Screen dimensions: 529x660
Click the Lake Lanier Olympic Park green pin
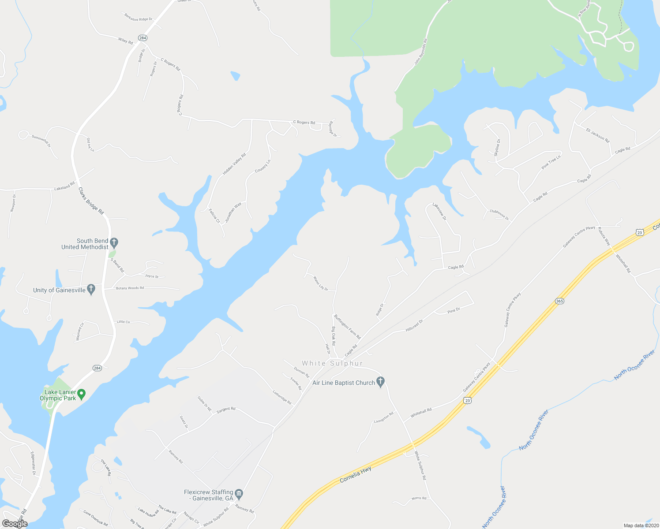click(81, 393)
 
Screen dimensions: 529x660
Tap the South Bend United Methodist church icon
click(114, 242)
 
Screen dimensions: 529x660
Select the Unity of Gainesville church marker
click(91, 289)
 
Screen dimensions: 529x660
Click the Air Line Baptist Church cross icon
click(381, 382)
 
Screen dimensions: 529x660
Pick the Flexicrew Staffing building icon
click(239, 493)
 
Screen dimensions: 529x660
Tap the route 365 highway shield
click(559, 301)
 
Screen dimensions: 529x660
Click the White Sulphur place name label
click(332, 363)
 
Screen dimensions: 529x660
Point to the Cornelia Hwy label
click(356, 475)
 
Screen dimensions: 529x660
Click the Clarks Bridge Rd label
click(91, 201)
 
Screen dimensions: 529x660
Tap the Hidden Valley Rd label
click(234, 164)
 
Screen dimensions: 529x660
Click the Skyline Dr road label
click(497, 148)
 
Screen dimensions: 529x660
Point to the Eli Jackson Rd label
click(597, 135)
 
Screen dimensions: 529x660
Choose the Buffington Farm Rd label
click(347, 327)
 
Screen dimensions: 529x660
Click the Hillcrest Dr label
click(414, 325)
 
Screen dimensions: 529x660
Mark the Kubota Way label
click(604, 236)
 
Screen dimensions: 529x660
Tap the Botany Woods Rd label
click(130, 288)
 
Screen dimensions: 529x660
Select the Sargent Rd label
click(226, 410)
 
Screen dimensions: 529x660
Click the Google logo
click(15, 524)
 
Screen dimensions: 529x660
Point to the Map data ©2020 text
click(641, 525)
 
